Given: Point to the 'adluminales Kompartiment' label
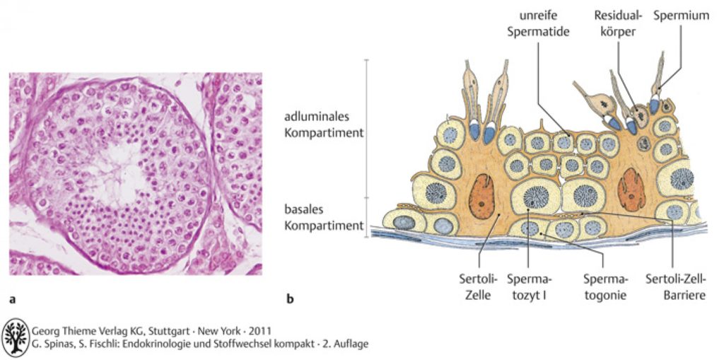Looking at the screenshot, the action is pos(324,124).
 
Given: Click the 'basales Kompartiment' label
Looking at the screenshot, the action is pos(324,218).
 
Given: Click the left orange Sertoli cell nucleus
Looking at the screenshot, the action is pos(481,193).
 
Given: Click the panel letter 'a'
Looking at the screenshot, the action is pos(13,299).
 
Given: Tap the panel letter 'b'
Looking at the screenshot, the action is pos(291,298).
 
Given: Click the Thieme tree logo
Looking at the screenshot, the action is pos(16,337).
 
